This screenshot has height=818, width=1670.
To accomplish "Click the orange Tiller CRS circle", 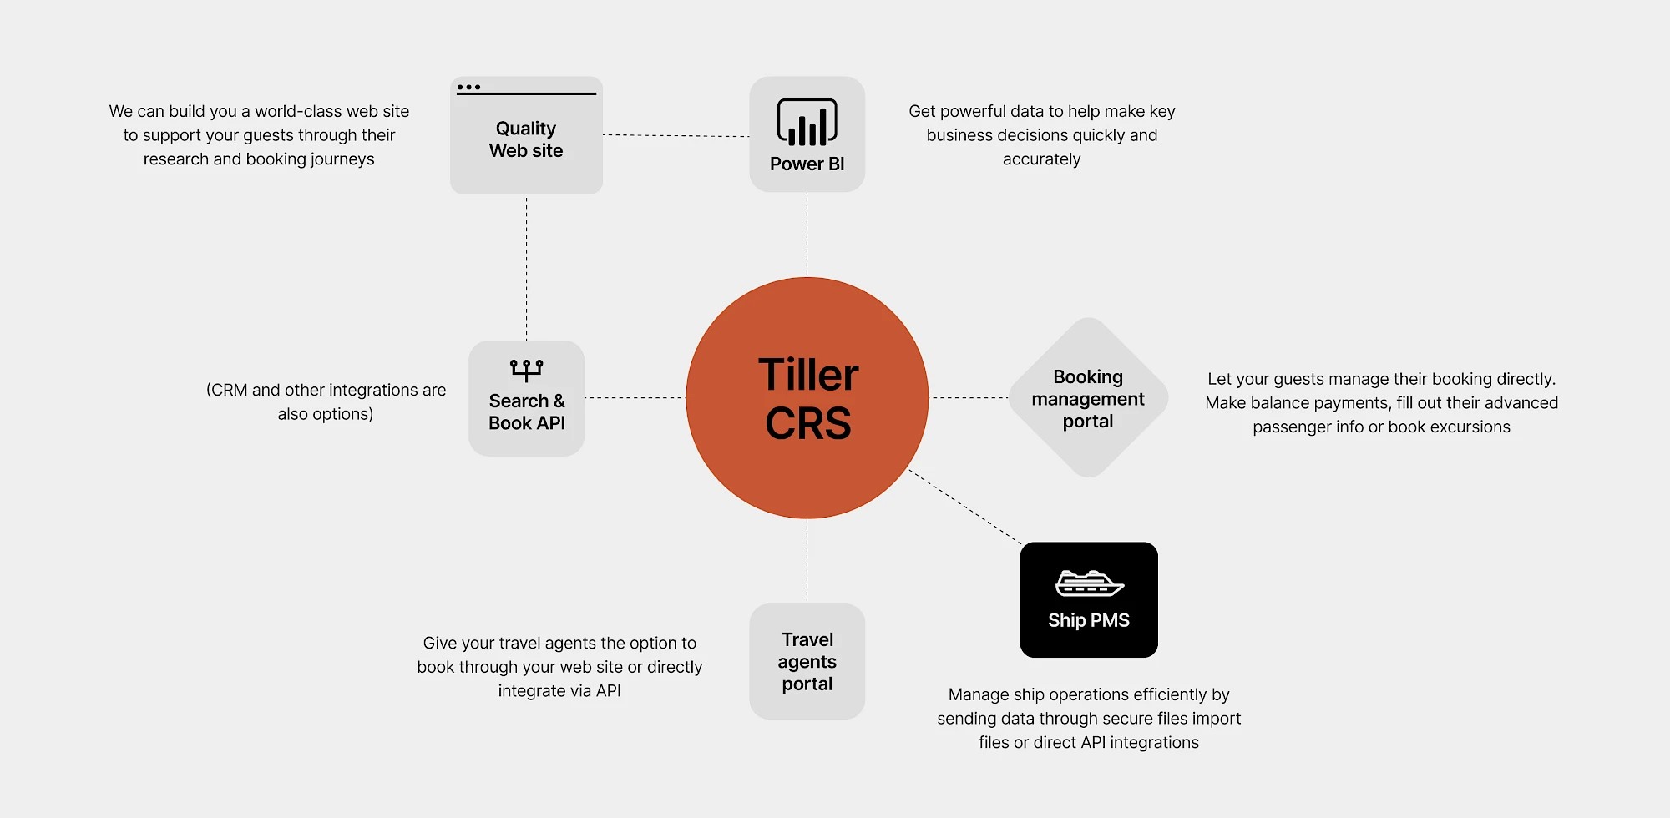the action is point(807,397).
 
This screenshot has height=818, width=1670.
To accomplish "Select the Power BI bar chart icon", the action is point(807,122).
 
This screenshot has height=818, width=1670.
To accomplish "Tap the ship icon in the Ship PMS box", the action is point(1089,583).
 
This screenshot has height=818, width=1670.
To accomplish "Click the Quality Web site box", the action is point(526,135).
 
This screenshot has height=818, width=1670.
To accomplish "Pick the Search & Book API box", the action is point(526,398).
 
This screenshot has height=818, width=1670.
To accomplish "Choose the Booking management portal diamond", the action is point(1088,397).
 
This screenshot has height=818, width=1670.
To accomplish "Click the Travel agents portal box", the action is point(807,661).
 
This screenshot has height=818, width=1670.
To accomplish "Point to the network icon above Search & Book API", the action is point(526,370).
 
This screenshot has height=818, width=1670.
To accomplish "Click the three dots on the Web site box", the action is point(468,87).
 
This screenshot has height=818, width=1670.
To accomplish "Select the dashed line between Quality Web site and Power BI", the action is point(676,135).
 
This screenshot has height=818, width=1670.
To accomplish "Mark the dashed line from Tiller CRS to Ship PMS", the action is point(965,507).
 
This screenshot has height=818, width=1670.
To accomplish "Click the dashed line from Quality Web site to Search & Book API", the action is point(526,267).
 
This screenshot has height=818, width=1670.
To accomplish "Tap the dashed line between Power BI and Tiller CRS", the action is point(807,235).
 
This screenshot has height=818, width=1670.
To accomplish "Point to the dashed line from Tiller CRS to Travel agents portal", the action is point(807,561).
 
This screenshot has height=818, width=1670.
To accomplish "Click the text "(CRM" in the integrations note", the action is point(226,390).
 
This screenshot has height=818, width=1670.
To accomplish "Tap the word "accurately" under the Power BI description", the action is point(1041,159).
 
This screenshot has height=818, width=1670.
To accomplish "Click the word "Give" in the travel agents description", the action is point(439,643).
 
